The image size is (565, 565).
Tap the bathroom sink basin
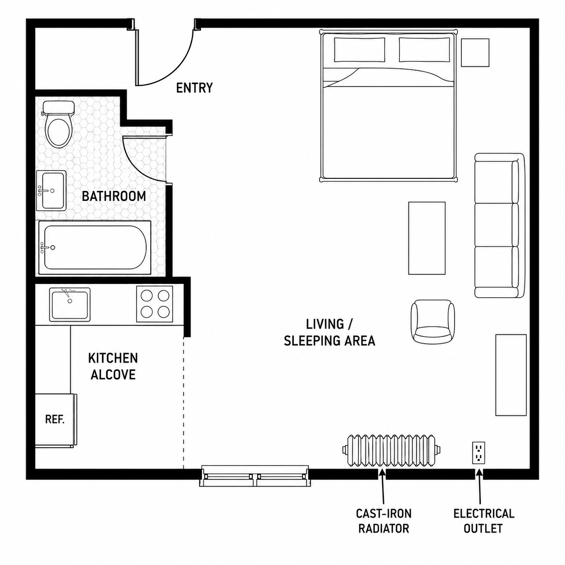(51, 191)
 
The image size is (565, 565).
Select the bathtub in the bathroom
(95, 248)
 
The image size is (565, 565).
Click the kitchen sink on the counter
(70, 304)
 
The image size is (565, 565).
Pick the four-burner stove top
(155, 304)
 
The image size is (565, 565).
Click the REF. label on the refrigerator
(55, 419)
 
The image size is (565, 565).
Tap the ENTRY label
(194, 88)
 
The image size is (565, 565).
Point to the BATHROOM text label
(114, 196)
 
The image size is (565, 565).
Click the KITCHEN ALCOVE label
(113, 366)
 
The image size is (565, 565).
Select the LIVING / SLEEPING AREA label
(329, 333)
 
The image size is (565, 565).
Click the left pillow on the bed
(360, 50)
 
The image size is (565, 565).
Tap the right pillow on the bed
(424, 50)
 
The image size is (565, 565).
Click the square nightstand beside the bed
(475, 52)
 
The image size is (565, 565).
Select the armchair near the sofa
(433, 322)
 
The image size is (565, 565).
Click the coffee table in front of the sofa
(427, 238)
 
